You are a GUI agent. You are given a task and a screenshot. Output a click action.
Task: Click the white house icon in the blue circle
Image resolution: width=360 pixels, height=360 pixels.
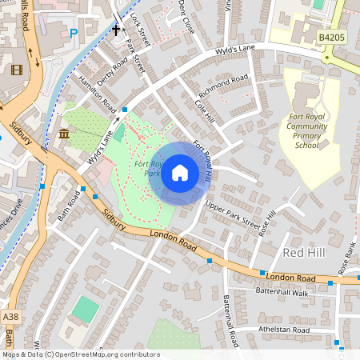(x=180, y=173)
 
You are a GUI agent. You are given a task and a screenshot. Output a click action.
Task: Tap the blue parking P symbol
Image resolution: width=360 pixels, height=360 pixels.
(x=74, y=34)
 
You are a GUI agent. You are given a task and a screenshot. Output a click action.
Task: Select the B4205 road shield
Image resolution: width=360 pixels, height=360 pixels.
(x=330, y=37)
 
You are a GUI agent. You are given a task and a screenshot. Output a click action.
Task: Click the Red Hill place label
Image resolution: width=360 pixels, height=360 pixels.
(x=305, y=253)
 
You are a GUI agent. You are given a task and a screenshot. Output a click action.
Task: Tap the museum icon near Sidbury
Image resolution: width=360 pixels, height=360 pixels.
(x=64, y=133)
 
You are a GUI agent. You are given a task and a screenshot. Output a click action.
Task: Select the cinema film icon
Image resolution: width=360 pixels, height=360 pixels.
(x=18, y=68)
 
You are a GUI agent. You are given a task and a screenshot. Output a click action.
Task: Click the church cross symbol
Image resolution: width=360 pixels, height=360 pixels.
(x=116, y=30)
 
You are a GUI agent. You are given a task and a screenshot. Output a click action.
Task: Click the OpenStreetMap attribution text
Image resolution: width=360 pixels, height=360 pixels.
(x=80, y=354)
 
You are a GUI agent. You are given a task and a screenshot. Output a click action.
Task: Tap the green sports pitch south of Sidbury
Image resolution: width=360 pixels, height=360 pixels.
(x=86, y=309)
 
